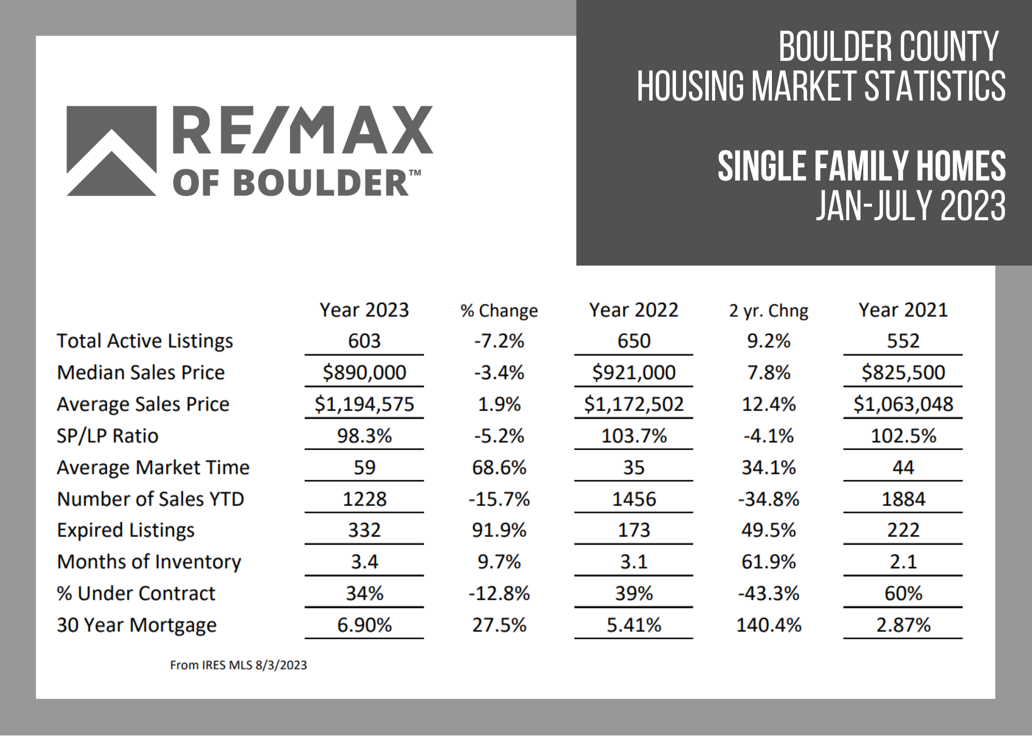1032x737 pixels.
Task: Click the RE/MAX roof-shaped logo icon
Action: (111, 151)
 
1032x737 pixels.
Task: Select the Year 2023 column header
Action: (364, 310)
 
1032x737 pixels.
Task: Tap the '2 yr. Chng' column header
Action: (768, 310)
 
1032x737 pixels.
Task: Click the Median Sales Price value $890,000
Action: (364, 372)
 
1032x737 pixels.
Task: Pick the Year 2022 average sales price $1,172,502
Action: (634, 404)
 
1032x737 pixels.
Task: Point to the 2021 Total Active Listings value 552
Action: (903, 341)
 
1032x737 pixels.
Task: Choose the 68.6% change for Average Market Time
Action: (499, 467)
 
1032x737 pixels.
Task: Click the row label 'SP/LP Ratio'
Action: (107, 436)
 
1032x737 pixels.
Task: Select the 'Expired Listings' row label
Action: (125, 530)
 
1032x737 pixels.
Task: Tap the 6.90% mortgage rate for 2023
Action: (364, 625)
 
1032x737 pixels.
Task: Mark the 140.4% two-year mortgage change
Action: (768, 625)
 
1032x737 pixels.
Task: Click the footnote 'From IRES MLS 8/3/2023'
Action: (238, 665)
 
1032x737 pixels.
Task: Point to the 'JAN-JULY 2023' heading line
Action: (910, 206)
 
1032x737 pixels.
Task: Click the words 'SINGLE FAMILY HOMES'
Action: (861, 166)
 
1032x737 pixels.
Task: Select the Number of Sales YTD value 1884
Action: (903, 499)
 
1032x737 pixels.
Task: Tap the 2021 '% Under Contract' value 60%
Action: (903, 593)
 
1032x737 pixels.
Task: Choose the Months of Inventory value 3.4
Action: (364, 562)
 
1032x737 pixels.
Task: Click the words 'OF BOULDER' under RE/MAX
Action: (291, 183)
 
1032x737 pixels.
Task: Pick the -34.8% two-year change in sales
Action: (768, 499)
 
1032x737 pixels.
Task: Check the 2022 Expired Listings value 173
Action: (634, 530)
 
